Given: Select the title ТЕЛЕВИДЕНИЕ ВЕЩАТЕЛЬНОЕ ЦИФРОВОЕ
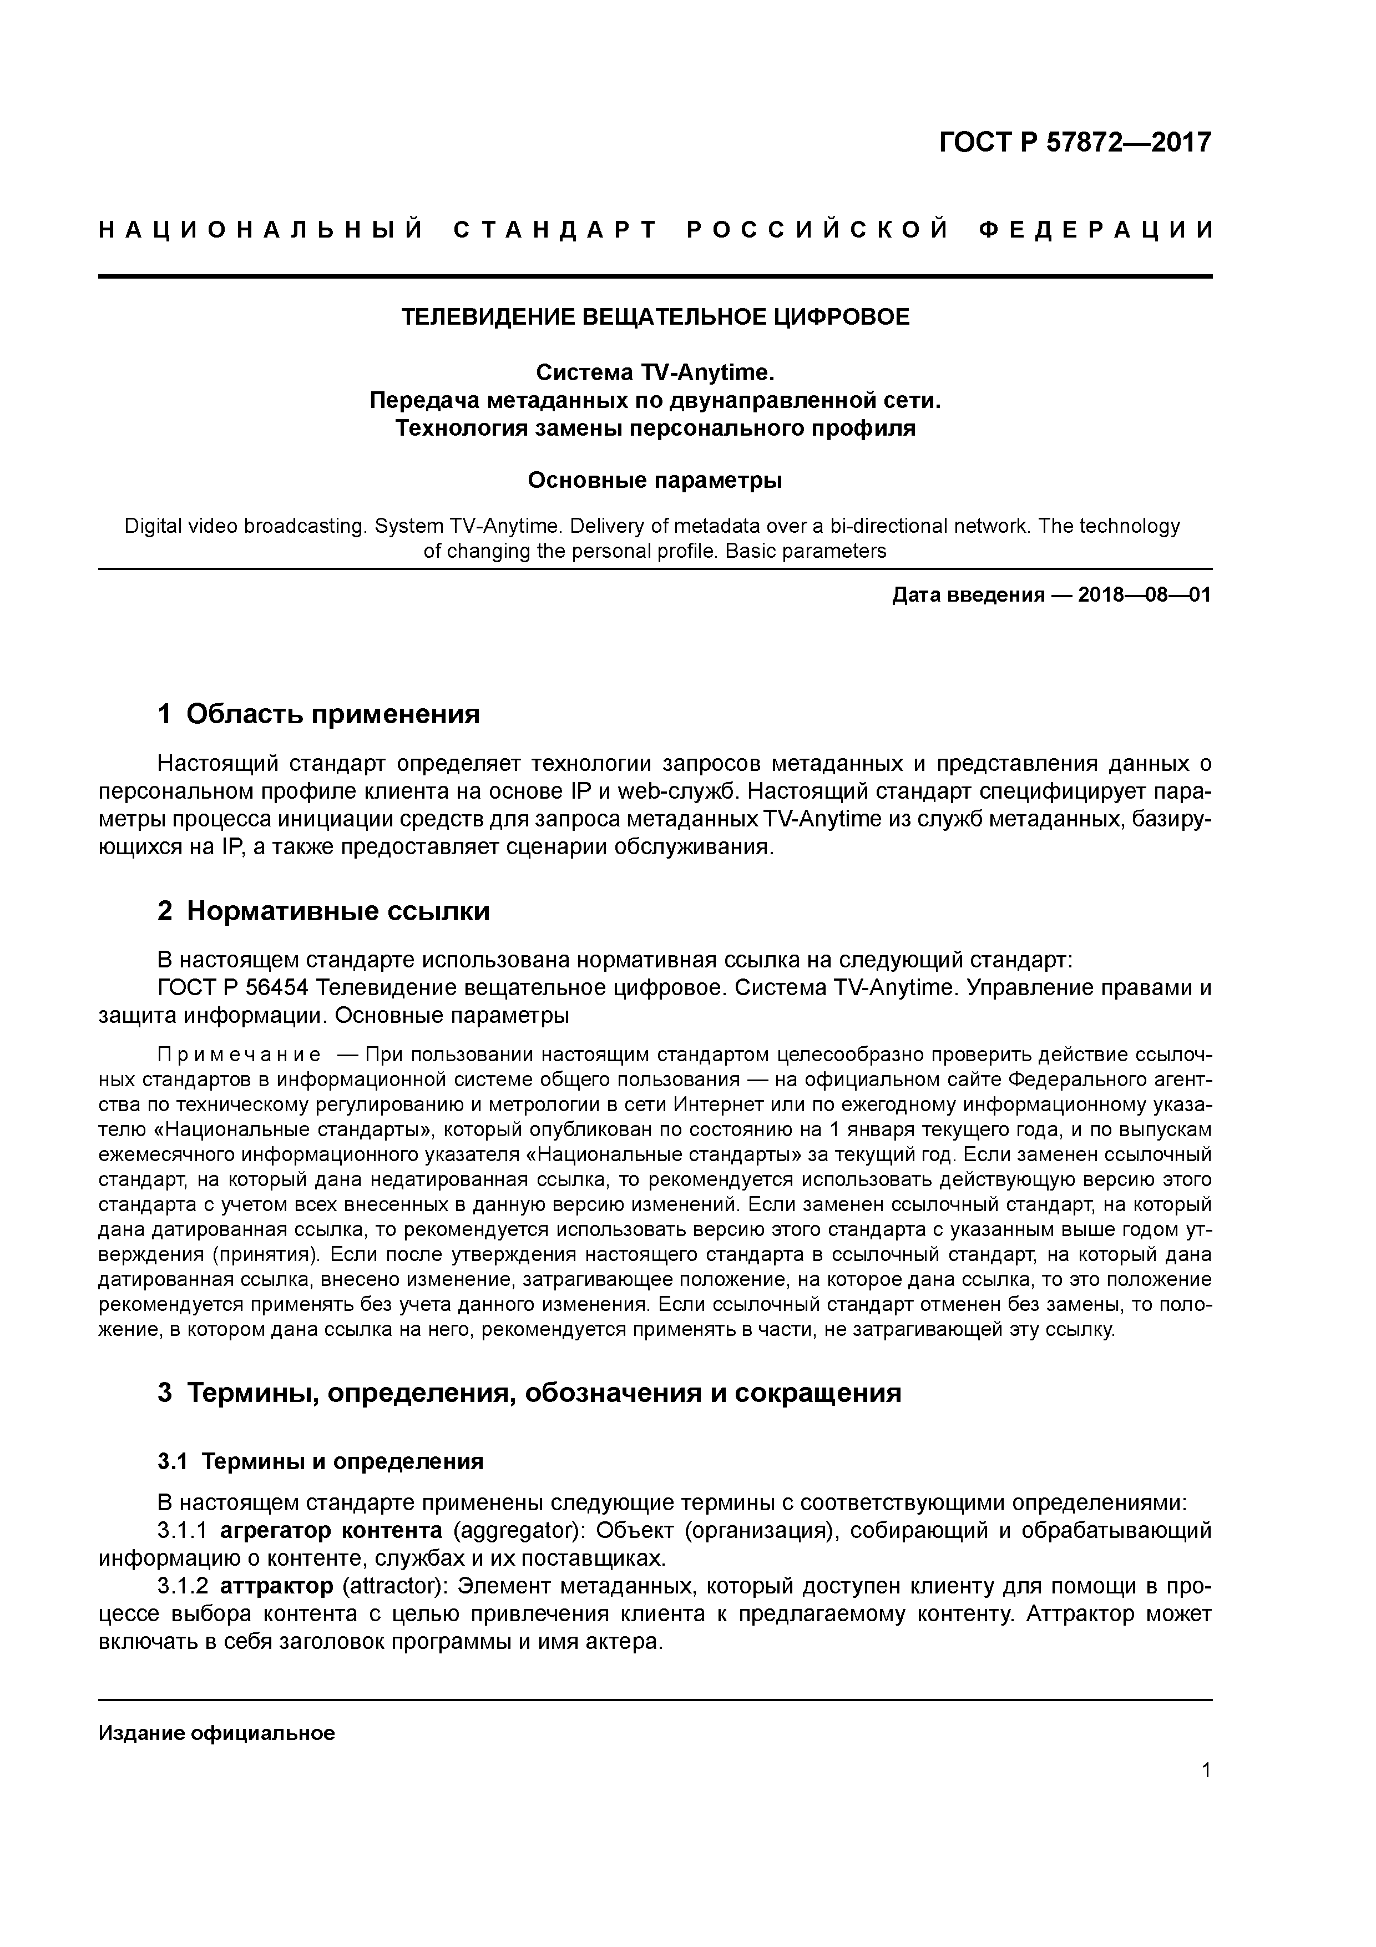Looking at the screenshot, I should coord(655,317).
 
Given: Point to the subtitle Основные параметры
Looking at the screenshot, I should coord(655,481).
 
